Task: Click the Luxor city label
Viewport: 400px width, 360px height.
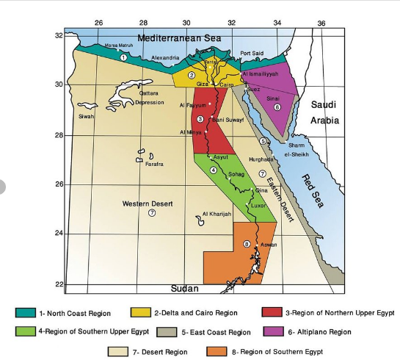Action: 259,206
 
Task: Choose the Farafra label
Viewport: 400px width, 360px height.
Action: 153,164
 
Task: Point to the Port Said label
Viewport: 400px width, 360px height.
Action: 251,53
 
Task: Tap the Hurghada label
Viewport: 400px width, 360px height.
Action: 261,159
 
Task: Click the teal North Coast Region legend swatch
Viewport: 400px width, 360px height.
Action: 26,313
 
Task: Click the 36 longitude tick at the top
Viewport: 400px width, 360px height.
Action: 321,24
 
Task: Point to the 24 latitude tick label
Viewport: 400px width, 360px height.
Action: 59,234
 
